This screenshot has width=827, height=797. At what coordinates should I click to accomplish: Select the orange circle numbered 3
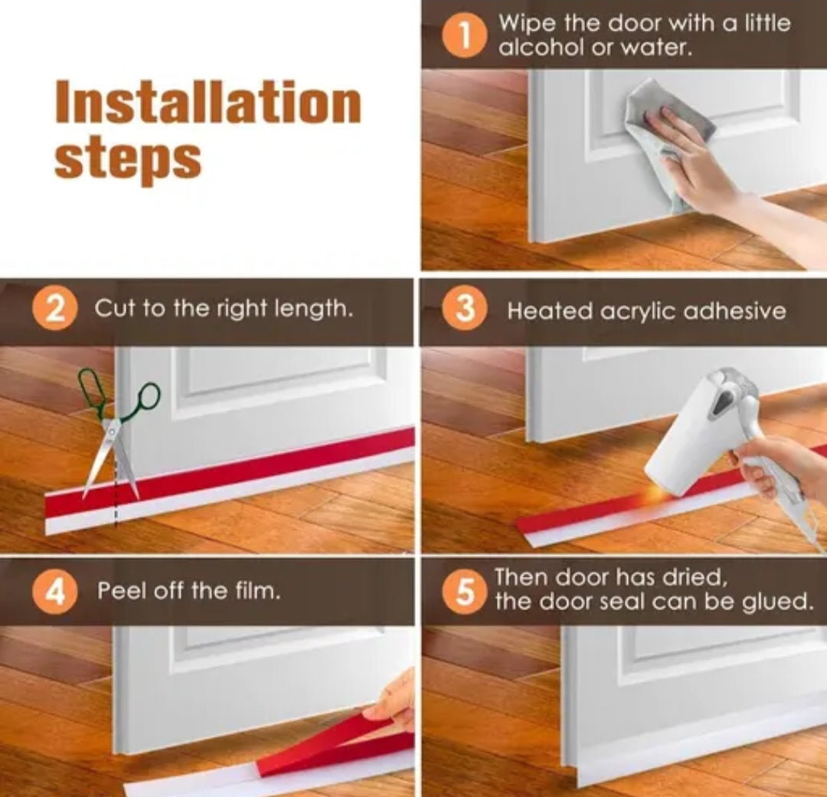pyautogui.click(x=464, y=310)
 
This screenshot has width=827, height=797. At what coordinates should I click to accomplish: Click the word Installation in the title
pyautogui.click(x=208, y=103)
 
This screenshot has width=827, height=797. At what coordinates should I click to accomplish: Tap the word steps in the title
pyautogui.click(x=128, y=159)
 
